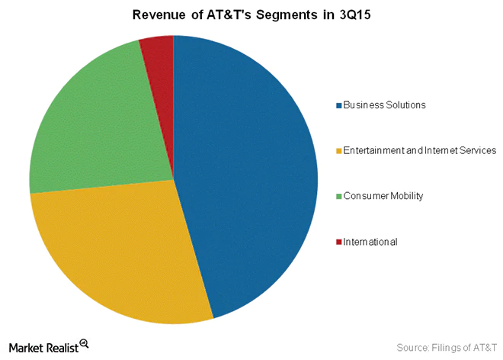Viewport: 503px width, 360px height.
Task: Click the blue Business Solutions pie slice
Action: [251, 175]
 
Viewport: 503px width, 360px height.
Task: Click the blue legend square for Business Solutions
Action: [338, 104]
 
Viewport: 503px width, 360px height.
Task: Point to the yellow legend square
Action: [338, 150]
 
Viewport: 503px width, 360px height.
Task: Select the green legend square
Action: [338, 196]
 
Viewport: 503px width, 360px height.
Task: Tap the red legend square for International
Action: [338, 242]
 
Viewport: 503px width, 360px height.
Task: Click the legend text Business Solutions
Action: [383, 104]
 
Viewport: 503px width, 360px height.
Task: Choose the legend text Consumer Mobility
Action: [383, 196]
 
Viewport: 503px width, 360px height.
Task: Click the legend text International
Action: [370, 242]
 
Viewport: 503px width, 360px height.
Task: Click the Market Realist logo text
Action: [43, 345]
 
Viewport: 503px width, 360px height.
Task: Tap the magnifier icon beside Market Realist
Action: [85, 344]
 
